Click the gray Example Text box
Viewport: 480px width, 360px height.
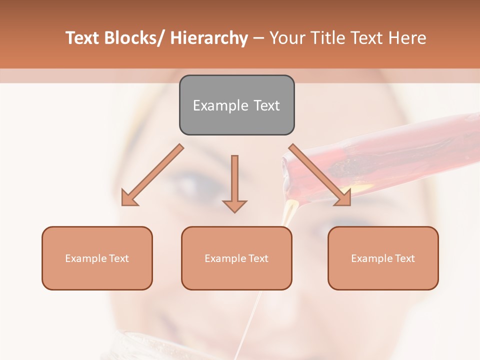tap(236, 105)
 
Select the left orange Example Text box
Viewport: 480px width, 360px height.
tap(97, 258)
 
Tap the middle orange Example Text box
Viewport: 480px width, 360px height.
tap(236, 258)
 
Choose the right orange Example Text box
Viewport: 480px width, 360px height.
tap(383, 258)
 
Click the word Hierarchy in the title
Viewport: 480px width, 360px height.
tap(209, 38)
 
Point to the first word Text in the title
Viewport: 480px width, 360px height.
tap(82, 38)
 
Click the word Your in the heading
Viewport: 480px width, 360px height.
tap(287, 38)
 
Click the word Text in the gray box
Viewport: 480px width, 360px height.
tap(266, 105)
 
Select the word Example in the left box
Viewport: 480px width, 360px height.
tap(86, 258)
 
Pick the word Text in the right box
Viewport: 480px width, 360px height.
tap(404, 258)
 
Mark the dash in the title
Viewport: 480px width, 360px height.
tap(258, 38)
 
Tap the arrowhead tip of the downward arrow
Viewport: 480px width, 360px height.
tap(234, 211)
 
